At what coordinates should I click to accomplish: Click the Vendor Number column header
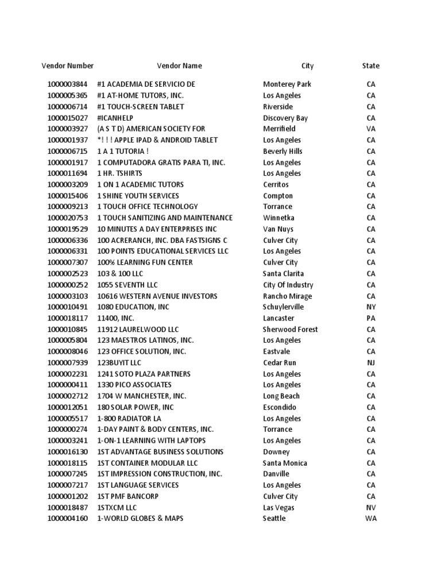coord(67,66)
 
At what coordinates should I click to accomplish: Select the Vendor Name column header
coord(179,66)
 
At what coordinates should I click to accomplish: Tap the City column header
coord(307,66)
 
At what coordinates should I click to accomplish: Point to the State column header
coord(370,66)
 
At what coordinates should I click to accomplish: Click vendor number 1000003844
coord(67,84)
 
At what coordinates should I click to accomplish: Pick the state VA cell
coord(371,129)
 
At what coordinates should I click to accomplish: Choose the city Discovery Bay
coord(285,118)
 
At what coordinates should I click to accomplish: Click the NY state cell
coord(371,307)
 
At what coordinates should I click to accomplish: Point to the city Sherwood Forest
coord(290,329)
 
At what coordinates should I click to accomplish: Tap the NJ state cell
coord(371,362)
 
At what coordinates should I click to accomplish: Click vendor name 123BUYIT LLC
coord(119,362)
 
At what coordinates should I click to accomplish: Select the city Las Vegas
coord(278,508)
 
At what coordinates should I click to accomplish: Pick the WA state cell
coord(371,519)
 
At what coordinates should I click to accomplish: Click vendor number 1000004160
coord(67,519)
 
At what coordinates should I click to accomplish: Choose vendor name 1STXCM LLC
coord(117,508)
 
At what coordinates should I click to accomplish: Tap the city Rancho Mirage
coord(287,296)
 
